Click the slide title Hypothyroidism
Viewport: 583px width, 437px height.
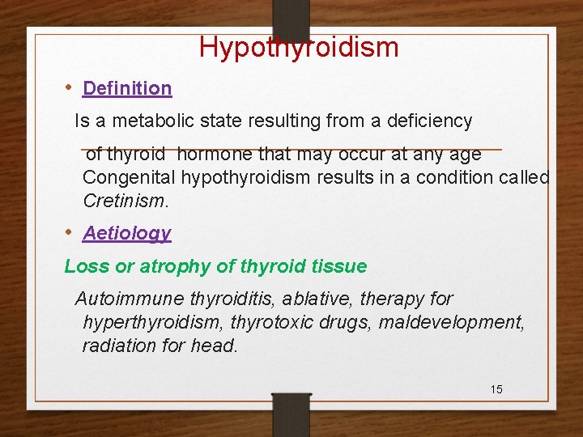pos(299,47)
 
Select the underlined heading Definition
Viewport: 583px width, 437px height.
pos(127,88)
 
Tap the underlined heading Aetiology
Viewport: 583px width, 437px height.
pos(127,233)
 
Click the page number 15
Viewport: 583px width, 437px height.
pos(496,389)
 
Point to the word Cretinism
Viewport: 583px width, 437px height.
pos(122,200)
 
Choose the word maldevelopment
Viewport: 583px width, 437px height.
pos(456,322)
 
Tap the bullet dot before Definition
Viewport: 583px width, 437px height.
pos(70,87)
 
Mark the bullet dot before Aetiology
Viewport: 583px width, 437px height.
pos(70,231)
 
